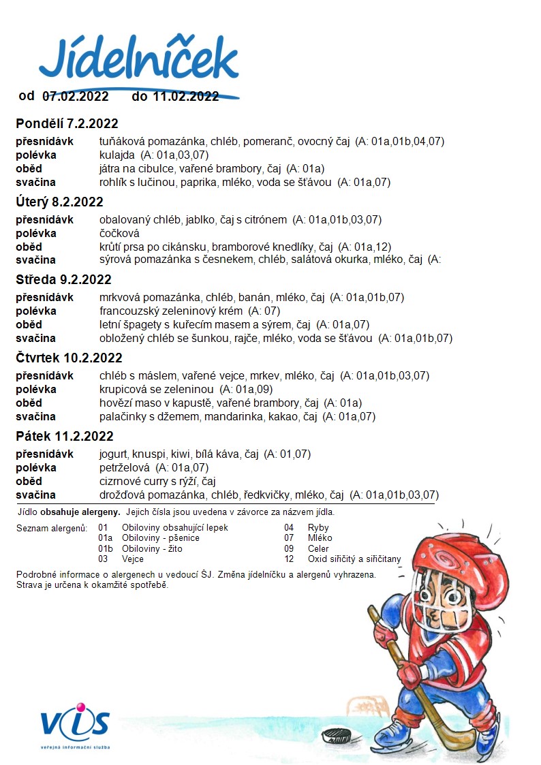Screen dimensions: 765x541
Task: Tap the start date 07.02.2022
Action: click(x=76, y=96)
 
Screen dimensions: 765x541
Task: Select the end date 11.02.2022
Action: click(x=185, y=96)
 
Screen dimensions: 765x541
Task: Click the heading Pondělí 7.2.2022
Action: click(x=67, y=123)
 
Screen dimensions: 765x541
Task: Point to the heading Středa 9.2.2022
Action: click(x=63, y=279)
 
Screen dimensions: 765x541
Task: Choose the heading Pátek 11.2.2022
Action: click(x=64, y=436)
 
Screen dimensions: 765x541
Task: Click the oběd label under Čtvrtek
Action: click(x=29, y=403)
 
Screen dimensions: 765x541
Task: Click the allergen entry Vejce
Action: click(x=133, y=559)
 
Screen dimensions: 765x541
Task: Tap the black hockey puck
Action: click(x=335, y=736)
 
